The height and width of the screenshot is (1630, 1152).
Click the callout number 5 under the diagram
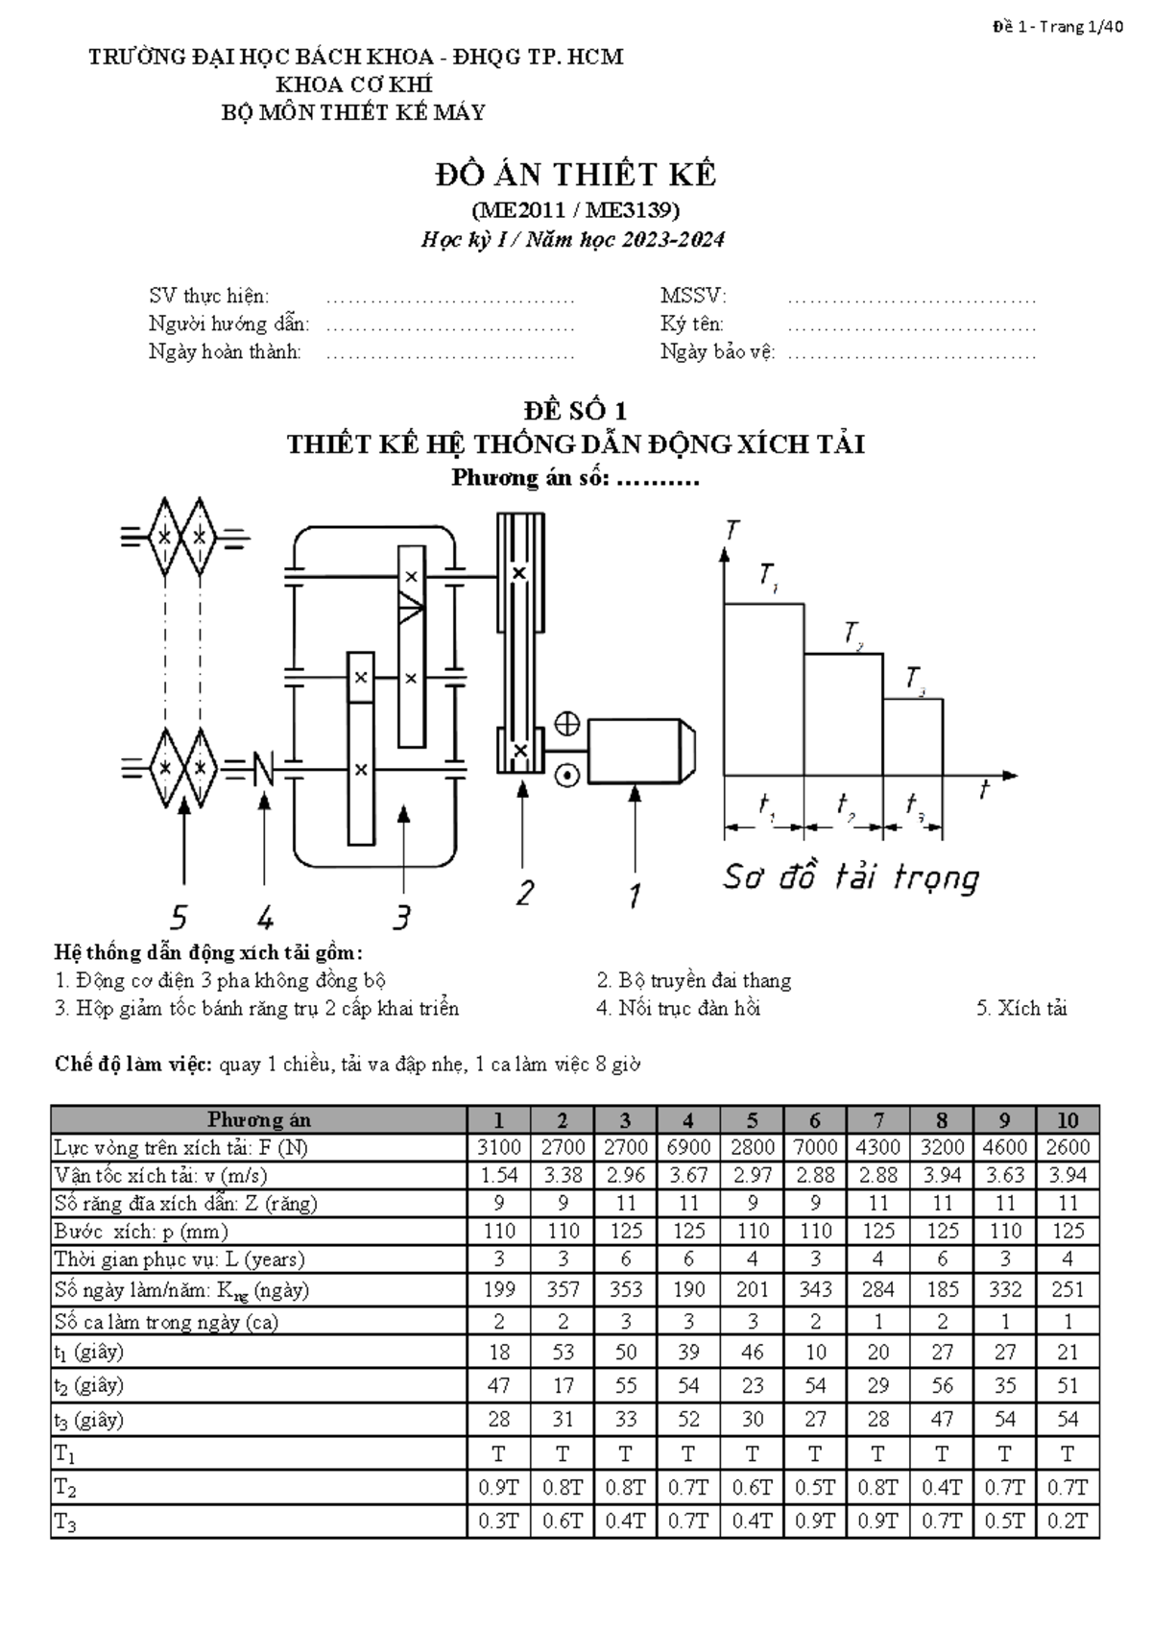(179, 917)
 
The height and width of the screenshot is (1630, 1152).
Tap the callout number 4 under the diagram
(266, 917)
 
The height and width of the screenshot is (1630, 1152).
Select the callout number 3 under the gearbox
(402, 917)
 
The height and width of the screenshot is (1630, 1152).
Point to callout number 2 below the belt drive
(525, 893)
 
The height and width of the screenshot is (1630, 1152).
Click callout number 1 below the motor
(635, 895)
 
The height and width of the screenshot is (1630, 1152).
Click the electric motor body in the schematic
(640, 751)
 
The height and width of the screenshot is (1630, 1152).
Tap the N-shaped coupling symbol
(263, 769)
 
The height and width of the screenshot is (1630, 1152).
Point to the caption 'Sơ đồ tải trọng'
(851, 878)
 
